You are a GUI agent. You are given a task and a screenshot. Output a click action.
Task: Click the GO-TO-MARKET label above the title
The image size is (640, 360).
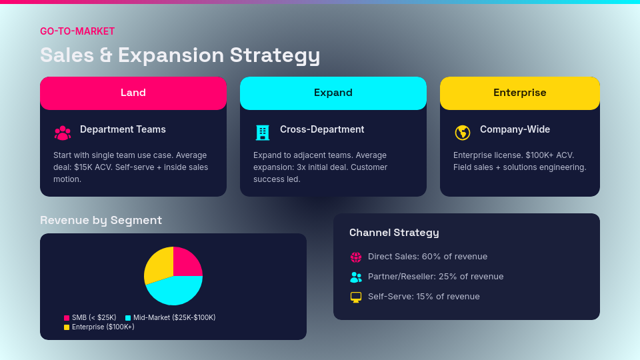click(77, 31)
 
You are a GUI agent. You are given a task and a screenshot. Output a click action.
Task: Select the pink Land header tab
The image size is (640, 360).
click(133, 93)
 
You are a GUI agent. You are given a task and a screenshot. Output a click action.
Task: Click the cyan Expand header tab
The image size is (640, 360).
click(333, 93)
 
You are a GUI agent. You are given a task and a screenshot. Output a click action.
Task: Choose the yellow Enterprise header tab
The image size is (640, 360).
click(520, 93)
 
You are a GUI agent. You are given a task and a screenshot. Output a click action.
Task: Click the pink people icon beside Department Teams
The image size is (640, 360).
click(63, 133)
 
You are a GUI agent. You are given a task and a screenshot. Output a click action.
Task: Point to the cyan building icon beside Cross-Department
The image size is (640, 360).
click(263, 133)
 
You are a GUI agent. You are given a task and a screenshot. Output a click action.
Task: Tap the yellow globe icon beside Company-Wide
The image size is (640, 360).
click(463, 133)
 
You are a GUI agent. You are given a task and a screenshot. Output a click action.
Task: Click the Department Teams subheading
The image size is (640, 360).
click(123, 129)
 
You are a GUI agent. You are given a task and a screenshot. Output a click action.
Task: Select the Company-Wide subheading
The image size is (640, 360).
click(515, 129)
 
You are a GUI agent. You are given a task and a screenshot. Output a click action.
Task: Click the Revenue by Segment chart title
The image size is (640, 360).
click(101, 220)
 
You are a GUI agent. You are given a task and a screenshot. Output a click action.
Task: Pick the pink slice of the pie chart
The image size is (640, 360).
click(186, 262)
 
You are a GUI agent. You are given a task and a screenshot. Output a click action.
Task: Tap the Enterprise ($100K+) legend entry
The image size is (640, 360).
click(99, 327)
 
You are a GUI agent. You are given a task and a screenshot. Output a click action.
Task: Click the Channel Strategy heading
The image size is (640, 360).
click(394, 233)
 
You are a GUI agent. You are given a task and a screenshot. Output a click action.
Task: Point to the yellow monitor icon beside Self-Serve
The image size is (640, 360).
click(356, 297)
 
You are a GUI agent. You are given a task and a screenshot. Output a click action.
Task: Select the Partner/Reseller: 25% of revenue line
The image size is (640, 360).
click(435, 277)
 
